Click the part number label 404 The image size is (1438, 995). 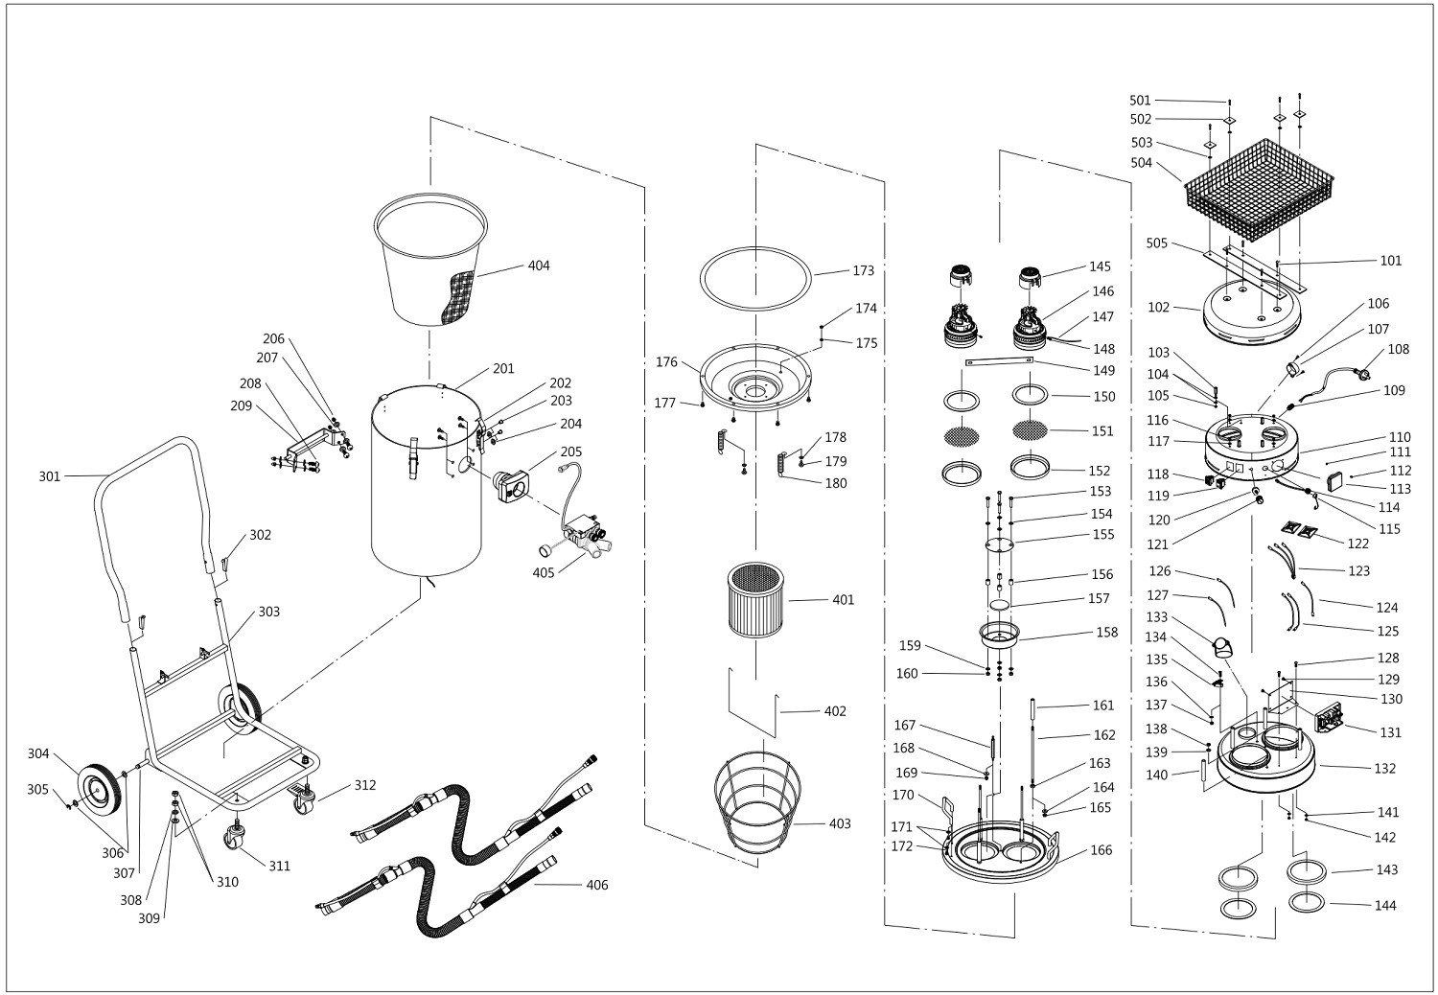(x=539, y=266)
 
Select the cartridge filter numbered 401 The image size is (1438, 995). (x=758, y=600)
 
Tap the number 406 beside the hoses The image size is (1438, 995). (x=596, y=885)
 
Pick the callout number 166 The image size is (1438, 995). (x=1102, y=850)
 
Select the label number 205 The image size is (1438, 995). (x=570, y=451)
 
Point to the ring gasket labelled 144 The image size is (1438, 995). (x=1308, y=902)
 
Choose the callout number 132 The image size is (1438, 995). (x=1385, y=768)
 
